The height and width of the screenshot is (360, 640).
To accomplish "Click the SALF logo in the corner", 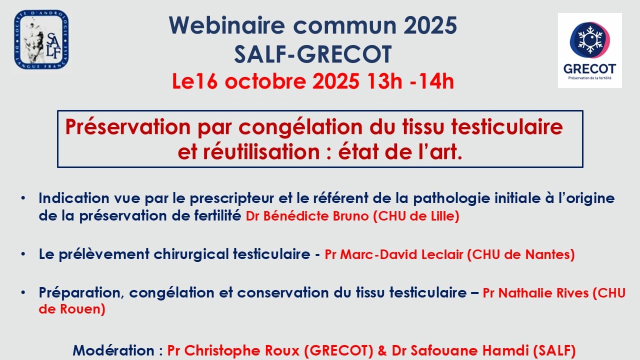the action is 41,39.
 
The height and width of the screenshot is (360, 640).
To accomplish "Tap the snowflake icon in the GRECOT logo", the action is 590,40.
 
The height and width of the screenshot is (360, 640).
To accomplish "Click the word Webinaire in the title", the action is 227,25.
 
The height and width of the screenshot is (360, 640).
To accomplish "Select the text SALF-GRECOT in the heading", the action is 313,54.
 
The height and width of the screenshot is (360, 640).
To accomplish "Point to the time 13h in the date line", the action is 384,81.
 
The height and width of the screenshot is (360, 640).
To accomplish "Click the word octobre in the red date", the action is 265,81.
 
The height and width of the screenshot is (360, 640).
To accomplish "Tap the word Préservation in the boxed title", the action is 127,127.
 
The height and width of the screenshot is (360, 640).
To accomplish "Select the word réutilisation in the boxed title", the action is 261,151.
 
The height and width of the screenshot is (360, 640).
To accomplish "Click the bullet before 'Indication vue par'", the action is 23,198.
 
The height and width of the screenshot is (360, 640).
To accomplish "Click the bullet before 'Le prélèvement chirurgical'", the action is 23,254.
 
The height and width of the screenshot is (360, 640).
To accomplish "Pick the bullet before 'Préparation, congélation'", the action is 23,292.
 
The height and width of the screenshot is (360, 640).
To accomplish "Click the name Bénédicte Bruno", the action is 316,216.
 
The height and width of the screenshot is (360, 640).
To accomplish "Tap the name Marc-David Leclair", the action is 401,254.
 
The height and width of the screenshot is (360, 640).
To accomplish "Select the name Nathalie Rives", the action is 543,293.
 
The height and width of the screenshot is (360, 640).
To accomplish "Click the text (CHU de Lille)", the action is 416,216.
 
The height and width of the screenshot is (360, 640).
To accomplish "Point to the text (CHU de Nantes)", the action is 521,254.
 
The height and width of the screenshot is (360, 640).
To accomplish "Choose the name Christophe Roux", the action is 241,350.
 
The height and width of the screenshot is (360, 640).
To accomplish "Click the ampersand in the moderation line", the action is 382,350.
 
